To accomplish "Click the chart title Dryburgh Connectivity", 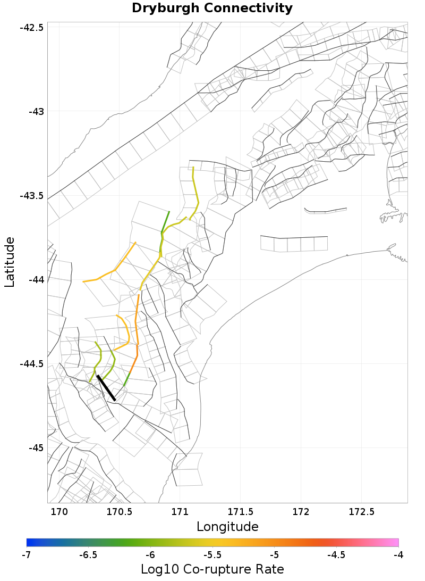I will pos(212,9).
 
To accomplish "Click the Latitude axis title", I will pos(10,262).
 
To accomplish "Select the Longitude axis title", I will pos(227,527).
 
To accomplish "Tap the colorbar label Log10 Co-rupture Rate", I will pos(212,569).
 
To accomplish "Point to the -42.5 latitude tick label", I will pos(31,27).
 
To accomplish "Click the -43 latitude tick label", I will pos(36,111).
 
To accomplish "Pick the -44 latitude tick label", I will pos(36,279).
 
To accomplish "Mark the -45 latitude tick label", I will pos(36,447).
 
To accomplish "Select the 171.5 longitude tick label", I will pos(240,512).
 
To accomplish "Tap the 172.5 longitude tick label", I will pos(361,512).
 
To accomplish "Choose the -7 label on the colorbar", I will pos(26,555).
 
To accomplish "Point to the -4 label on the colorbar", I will pos(398,555).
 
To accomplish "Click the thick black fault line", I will pos(106,387).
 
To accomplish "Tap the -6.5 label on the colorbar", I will pos(88,555).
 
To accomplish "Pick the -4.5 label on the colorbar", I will pos(336,555).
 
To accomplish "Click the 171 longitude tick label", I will pos(180,512).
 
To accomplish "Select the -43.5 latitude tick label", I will pos(31,195).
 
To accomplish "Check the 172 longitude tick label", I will pos(301,512).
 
